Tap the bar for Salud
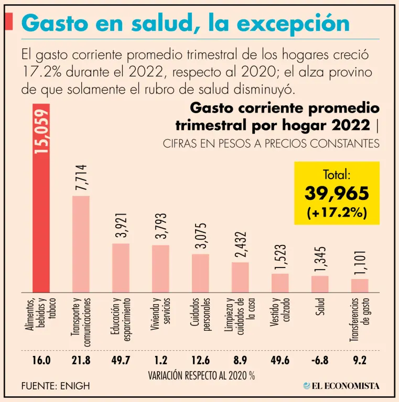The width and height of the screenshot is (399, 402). tap(320, 284)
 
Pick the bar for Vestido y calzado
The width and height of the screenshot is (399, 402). tap(280, 283)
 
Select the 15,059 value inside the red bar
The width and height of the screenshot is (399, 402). tap(41, 130)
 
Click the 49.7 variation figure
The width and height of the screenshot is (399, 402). tap(121, 361)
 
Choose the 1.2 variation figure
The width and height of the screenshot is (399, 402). tap(160, 361)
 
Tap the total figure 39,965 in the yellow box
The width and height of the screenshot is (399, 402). tap(337, 193)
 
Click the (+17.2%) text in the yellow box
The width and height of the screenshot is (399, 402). tap(337, 213)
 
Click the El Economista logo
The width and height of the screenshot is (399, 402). tap(341, 386)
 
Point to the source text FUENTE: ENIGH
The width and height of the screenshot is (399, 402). tap(56, 386)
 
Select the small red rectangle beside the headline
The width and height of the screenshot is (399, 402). tap(9, 23)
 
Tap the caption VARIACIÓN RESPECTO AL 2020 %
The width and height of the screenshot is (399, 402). tap(202, 375)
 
